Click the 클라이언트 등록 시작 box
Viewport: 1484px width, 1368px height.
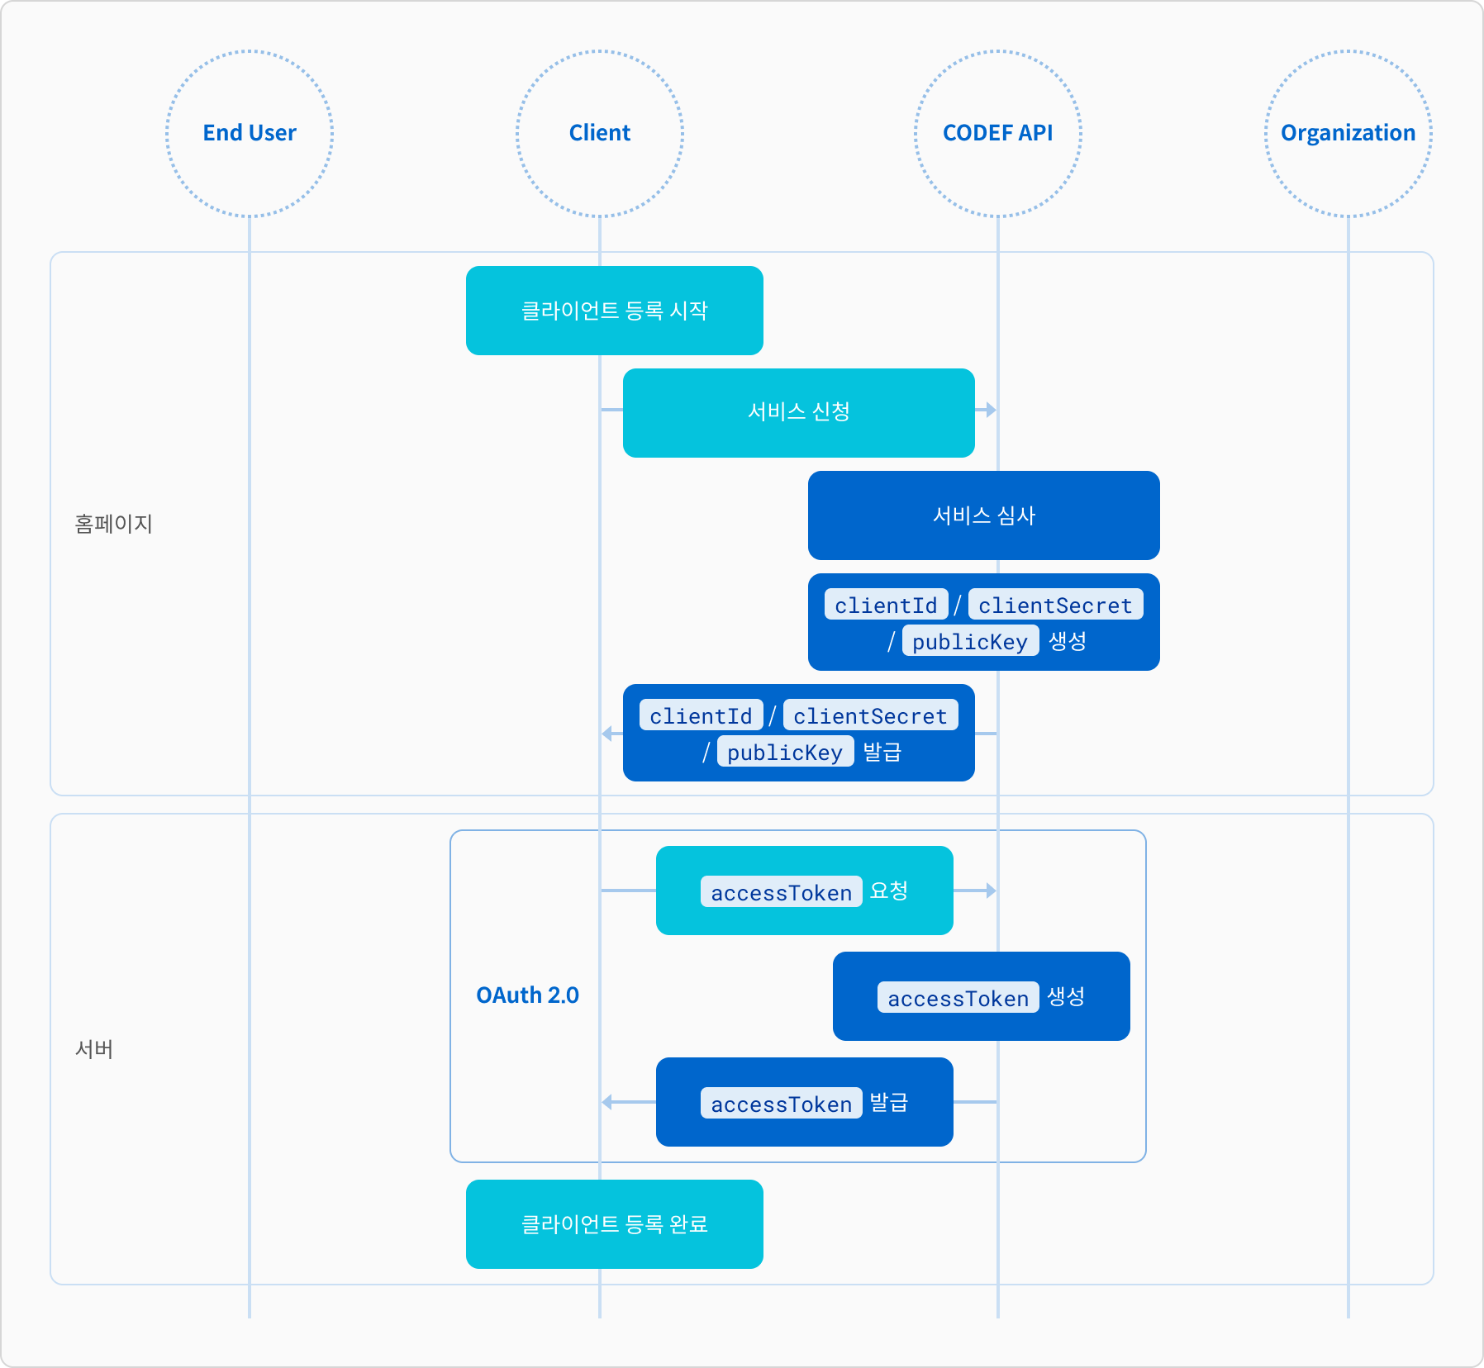click(x=615, y=311)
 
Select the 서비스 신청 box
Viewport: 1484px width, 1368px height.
click(x=799, y=413)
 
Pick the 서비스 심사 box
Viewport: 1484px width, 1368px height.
click(x=984, y=515)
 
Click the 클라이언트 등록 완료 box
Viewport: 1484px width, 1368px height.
click(x=615, y=1224)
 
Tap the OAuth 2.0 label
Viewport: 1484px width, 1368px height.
click(x=527, y=995)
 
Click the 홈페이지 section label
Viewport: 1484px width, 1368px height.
click(x=113, y=524)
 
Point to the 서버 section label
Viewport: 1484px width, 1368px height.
click(x=94, y=1049)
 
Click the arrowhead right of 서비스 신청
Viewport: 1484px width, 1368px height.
click(x=991, y=410)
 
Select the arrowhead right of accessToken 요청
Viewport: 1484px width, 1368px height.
click(x=991, y=891)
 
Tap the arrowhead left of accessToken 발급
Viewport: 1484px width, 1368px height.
click(x=607, y=1102)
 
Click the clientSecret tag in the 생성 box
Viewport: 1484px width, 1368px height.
click(x=1056, y=605)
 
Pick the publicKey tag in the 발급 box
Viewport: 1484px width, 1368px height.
click(x=785, y=752)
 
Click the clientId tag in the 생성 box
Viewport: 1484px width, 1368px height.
click(x=886, y=605)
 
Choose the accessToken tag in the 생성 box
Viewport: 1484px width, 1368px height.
click(x=958, y=998)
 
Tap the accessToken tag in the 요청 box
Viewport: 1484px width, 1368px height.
click(x=782, y=892)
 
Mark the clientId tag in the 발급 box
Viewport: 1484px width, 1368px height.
click(x=701, y=715)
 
